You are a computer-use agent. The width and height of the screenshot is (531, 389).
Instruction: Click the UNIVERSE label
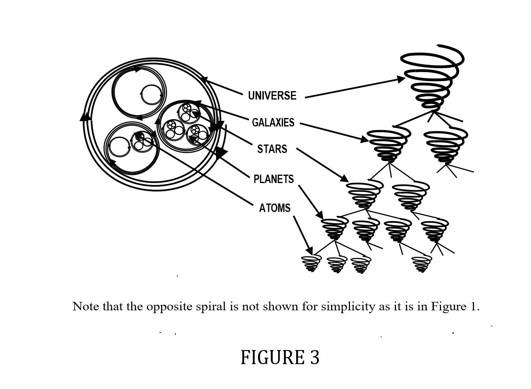tap(272, 96)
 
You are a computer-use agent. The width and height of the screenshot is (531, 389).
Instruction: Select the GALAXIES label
tap(273, 122)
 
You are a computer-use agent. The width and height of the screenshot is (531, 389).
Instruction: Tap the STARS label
tap(272, 149)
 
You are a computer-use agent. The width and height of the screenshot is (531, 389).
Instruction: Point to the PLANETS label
tap(273, 179)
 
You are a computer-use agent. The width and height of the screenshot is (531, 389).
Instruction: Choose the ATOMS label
tap(275, 208)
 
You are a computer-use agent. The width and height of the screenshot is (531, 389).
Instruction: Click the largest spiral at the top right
tap(431, 78)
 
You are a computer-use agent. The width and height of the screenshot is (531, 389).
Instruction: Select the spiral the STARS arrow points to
tap(364, 195)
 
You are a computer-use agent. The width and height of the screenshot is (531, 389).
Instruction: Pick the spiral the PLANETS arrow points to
tap(334, 229)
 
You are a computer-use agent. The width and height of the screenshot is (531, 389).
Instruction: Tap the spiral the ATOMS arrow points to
tap(311, 263)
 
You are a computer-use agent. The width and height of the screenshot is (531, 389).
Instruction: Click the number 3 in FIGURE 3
tap(314, 357)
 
